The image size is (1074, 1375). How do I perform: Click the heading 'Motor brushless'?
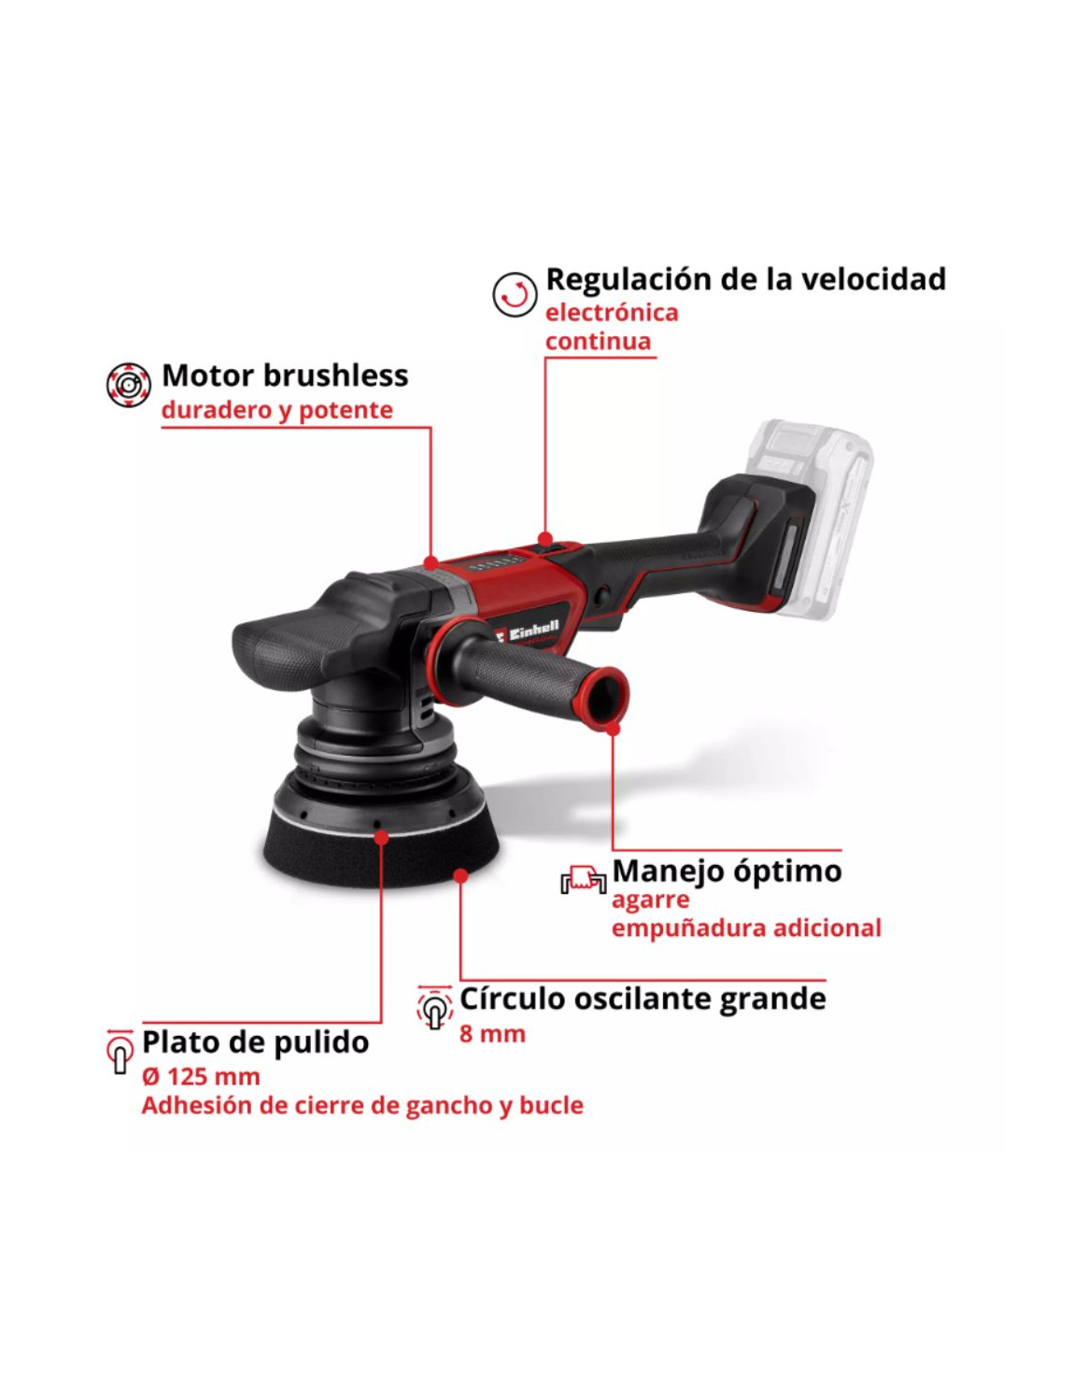tap(285, 376)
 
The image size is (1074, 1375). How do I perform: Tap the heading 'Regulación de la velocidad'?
tap(745, 279)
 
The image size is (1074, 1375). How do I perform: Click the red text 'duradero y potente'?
tap(277, 410)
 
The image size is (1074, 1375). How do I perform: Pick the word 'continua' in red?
tap(598, 342)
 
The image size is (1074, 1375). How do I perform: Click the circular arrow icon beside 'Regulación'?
tap(515, 294)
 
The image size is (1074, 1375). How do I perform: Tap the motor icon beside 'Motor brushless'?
tap(128, 385)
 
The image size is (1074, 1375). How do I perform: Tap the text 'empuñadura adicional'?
tap(746, 928)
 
